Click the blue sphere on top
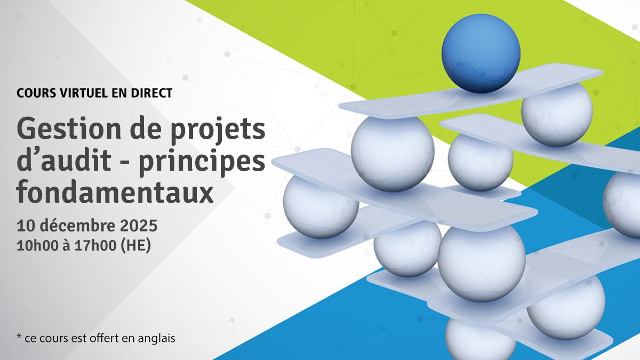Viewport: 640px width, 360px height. [481, 53]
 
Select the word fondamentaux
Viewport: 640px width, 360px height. [115, 193]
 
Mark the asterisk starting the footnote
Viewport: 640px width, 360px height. [19, 337]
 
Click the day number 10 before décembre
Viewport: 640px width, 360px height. [25, 226]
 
